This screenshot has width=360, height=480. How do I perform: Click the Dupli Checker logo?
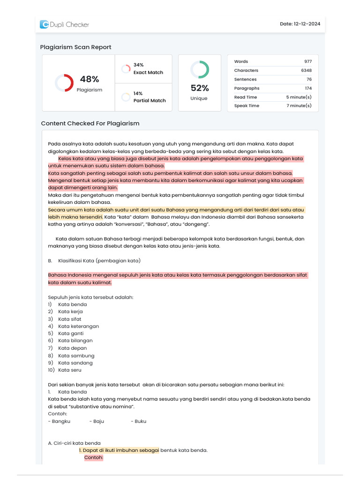tap(64, 24)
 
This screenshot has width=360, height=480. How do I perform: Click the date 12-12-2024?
tap(300, 24)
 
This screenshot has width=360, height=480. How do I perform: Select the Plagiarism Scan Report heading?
tap(75, 47)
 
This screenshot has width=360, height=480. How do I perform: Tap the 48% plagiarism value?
tap(89, 79)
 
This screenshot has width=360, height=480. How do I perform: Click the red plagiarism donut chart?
tap(64, 83)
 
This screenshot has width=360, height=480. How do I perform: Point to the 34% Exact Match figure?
tap(139, 65)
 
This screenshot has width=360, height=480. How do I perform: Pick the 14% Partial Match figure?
tap(138, 93)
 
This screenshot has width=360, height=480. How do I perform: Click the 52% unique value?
tap(200, 88)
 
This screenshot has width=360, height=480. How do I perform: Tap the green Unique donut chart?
tap(200, 69)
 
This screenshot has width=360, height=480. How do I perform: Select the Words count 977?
tap(307, 61)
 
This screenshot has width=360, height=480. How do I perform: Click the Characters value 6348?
tap(306, 70)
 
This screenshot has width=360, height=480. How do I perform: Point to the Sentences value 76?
tap(309, 79)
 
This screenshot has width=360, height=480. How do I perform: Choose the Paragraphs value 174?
tap(307, 88)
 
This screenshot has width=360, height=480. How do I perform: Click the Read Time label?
tap(246, 97)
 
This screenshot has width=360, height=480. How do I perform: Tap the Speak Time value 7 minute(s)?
tap(299, 106)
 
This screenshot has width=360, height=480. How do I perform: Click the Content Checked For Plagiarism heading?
tap(90, 123)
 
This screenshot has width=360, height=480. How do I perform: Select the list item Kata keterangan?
tap(78, 326)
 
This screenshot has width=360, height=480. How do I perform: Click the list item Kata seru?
tap(70, 370)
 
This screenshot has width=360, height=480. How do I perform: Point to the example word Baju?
tap(98, 421)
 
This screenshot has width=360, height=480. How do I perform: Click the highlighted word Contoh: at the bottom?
tap(94, 457)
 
